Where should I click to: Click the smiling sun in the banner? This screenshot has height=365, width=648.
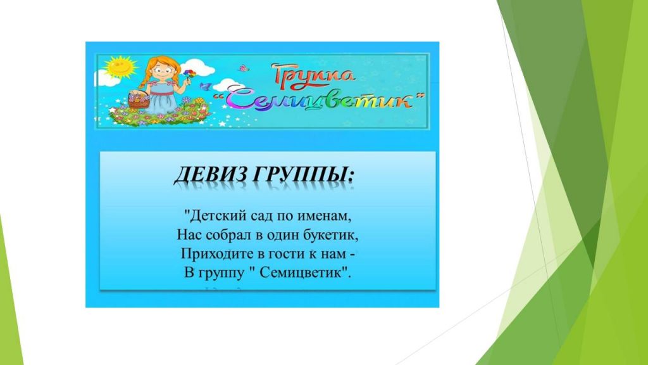point(120,67)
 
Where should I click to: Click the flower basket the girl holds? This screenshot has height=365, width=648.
point(138,100)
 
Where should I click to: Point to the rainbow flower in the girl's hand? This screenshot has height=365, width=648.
point(190,74)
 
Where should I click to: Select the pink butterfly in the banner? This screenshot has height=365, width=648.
point(244,67)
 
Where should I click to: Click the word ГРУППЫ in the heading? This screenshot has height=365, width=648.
point(303,176)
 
